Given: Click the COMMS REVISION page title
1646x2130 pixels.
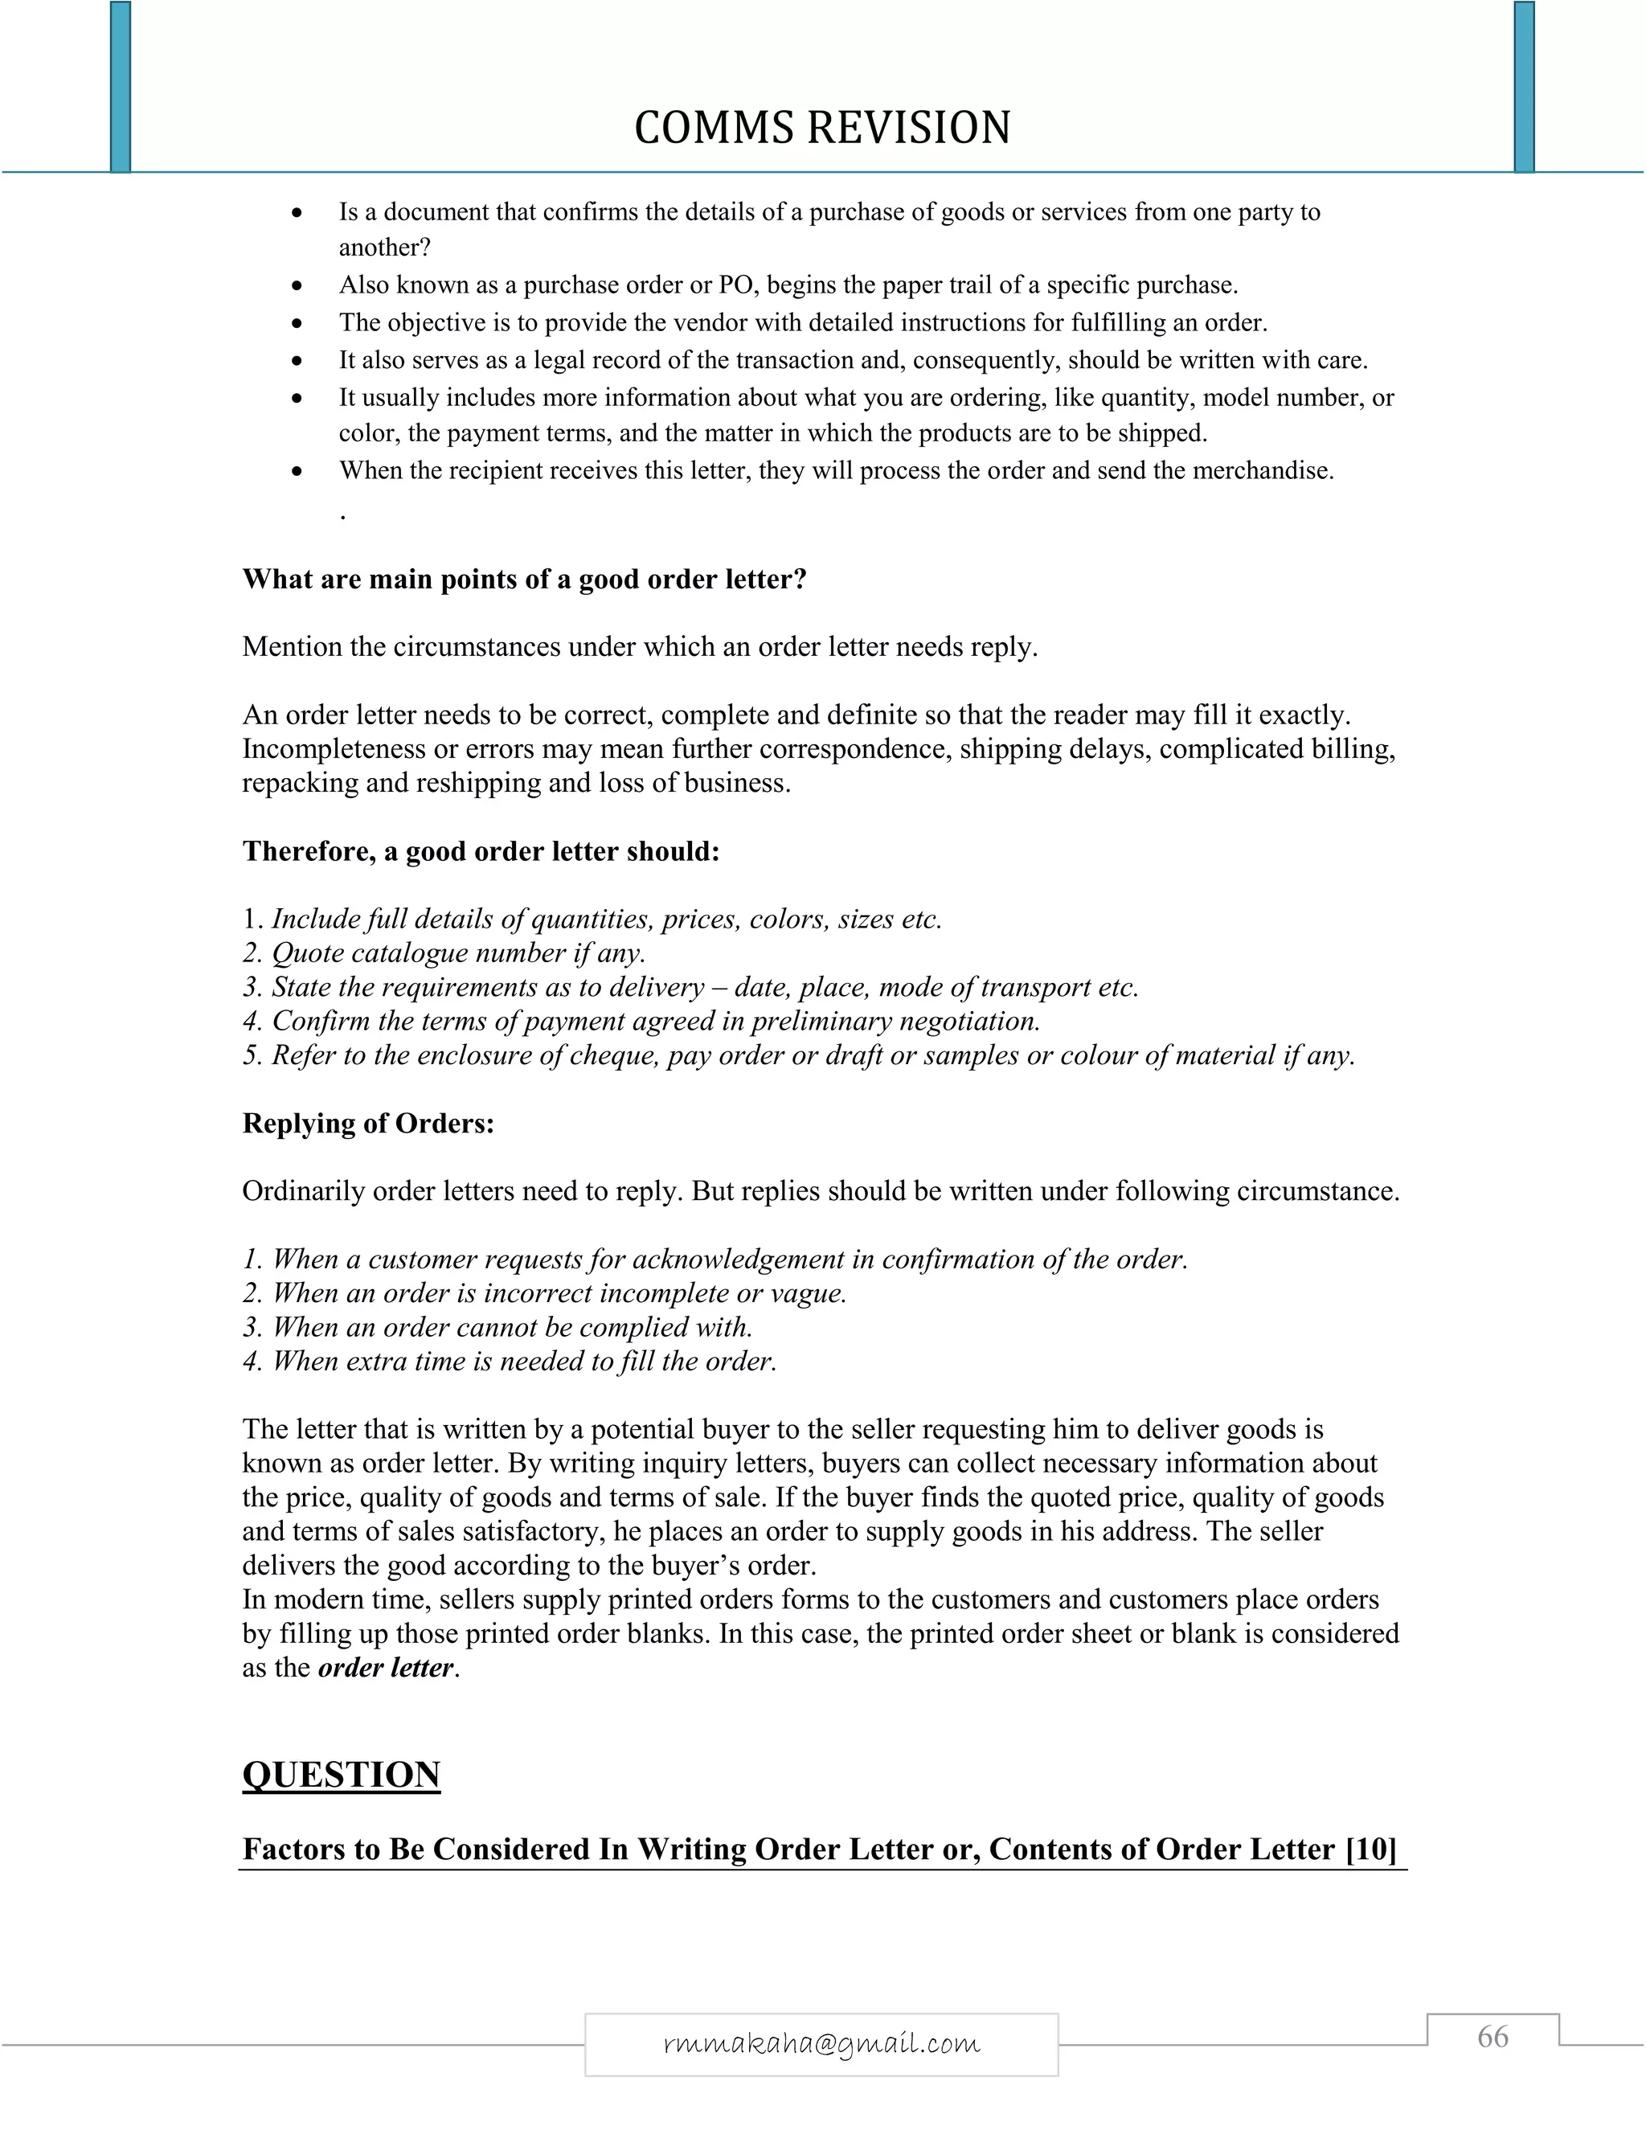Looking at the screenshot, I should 822,128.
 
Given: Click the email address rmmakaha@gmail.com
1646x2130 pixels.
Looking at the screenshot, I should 821,2043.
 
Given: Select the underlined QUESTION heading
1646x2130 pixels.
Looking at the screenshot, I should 342,1774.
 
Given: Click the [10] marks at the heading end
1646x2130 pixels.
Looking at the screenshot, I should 1371,1849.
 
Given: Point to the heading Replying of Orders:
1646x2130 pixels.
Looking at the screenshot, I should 367,1124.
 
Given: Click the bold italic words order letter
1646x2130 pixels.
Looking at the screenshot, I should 386,1668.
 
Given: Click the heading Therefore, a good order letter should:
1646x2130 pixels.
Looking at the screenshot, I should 481,851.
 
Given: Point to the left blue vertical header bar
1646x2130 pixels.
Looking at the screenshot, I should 120,88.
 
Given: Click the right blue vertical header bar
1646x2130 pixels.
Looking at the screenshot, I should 1524,88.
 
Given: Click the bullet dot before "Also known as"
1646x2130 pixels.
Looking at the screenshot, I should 298,287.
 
